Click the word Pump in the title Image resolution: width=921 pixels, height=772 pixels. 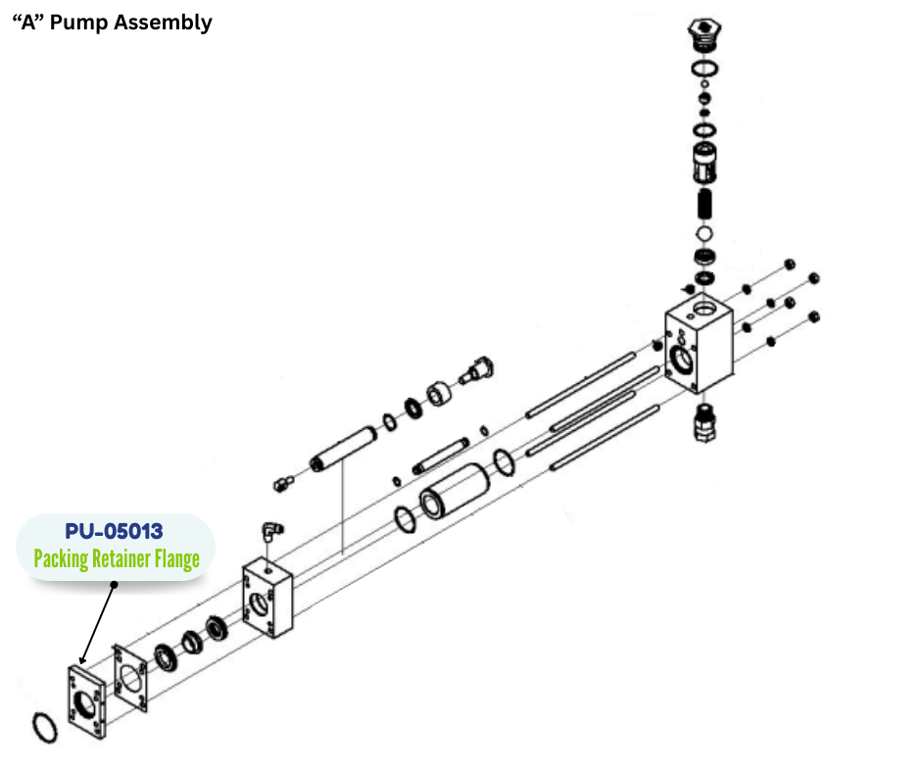click(x=76, y=22)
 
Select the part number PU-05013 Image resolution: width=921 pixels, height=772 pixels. click(x=114, y=532)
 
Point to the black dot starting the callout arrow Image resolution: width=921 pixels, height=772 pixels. click(x=114, y=585)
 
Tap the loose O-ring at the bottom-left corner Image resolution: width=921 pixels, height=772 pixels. click(x=43, y=730)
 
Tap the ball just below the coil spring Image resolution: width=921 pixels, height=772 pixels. click(x=703, y=234)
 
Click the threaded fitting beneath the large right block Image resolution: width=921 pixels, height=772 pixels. click(x=703, y=422)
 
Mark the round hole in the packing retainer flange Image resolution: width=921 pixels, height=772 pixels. click(x=85, y=706)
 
